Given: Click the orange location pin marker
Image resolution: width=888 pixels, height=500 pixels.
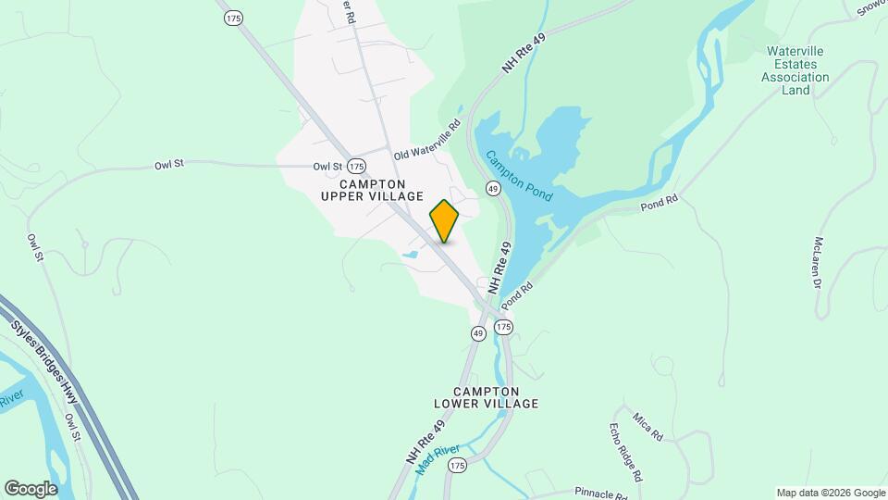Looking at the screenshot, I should (x=445, y=220).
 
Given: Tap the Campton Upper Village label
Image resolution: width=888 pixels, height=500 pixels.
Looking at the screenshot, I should (x=372, y=190).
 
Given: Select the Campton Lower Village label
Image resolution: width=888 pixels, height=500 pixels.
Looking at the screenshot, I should (x=486, y=397).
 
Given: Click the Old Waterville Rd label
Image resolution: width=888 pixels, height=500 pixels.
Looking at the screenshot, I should (x=426, y=141).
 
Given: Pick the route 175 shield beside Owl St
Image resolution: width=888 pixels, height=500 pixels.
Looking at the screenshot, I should (x=356, y=166).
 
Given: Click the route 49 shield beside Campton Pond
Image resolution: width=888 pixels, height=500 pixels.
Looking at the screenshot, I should (x=492, y=188).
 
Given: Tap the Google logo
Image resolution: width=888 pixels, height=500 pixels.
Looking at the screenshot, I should (x=31, y=488).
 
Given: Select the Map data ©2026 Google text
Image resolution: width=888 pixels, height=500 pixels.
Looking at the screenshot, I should (x=830, y=493).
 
